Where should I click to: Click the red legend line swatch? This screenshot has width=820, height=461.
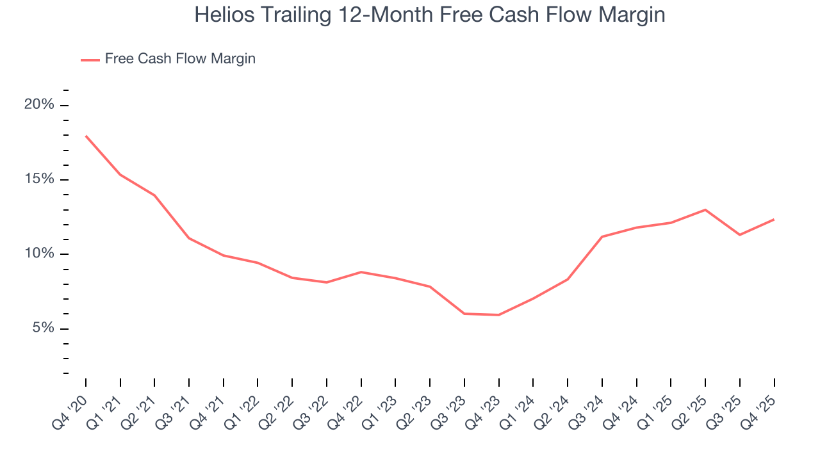pos(90,60)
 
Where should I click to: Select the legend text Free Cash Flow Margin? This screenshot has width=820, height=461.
pos(180,59)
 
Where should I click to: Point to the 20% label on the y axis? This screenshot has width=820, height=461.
pos(39,105)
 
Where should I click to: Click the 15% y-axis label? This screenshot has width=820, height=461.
pos(39,179)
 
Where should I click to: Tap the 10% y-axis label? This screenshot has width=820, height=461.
pos(39,254)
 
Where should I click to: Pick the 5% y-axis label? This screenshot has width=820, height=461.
pos(42,328)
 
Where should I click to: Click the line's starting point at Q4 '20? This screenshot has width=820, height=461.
pos(86,136)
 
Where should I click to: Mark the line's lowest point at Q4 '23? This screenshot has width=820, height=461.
pos(498,315)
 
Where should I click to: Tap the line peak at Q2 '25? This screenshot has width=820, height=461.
pos(705,209)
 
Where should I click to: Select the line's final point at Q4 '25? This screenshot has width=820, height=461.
pos(774,220)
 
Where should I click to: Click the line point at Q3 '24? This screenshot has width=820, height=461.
pos(602,237)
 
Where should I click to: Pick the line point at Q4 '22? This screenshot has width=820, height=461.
pos(361,272)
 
